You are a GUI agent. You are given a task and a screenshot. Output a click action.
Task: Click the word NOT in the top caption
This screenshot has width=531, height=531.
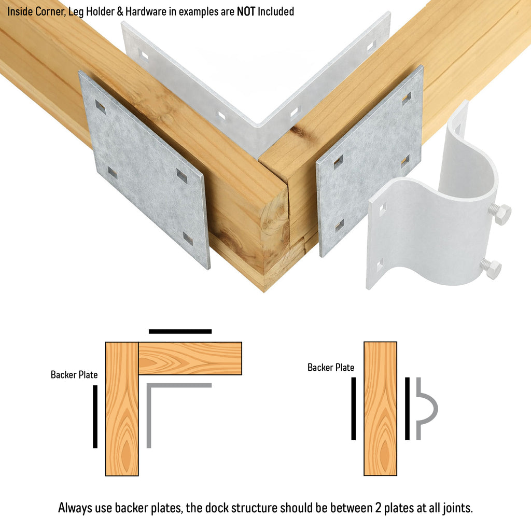click(246, 11)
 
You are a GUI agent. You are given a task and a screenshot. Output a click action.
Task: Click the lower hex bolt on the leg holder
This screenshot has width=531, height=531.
click(491, 269)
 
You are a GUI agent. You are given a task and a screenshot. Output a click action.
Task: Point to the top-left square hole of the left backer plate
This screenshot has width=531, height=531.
click(100, 107)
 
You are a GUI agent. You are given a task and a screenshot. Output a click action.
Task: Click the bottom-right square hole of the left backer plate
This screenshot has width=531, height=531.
click(188, 239)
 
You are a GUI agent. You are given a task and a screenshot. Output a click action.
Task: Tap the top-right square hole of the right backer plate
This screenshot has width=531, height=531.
click(407, 98)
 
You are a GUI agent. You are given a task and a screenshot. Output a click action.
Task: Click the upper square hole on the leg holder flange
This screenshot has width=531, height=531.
click(382, 209)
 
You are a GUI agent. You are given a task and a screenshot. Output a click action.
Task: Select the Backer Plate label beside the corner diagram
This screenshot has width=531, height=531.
click(74, 374)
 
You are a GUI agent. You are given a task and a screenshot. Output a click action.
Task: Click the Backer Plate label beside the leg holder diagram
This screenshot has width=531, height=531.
click(331, 368)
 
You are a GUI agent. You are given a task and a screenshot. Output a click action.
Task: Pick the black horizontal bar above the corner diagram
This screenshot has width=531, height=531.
click(180, 331)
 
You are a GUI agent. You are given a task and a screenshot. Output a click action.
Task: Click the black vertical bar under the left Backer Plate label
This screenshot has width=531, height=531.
click(95, 416)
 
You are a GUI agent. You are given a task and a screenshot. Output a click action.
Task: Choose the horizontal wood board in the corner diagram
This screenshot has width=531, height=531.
click(190, 358)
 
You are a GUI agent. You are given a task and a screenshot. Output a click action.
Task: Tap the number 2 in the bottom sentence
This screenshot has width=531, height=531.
click(378, 508)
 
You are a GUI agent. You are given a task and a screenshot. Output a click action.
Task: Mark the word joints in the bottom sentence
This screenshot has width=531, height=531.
click(456, 508)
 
